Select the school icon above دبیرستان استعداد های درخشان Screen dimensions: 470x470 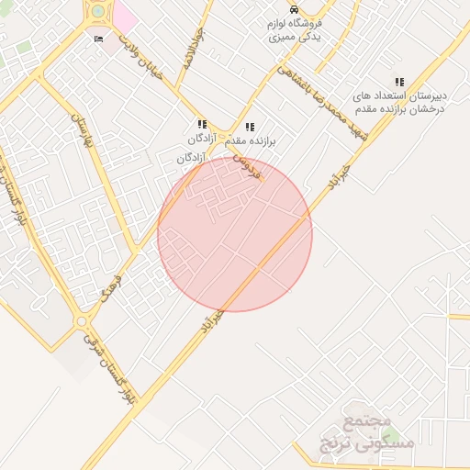(x=398, y=83)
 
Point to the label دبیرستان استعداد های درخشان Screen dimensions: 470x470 (x=401, y=102)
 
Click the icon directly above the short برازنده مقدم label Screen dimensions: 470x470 (x=250, y=128)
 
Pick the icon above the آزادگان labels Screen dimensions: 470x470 (x=201, y=124)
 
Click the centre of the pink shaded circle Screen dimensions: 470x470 (x=235, y=234)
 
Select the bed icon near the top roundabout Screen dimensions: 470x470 (x=98, y=39)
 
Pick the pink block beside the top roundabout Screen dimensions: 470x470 (x=125, y=14)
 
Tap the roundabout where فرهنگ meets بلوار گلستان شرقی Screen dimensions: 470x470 (x=83, y=322)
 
